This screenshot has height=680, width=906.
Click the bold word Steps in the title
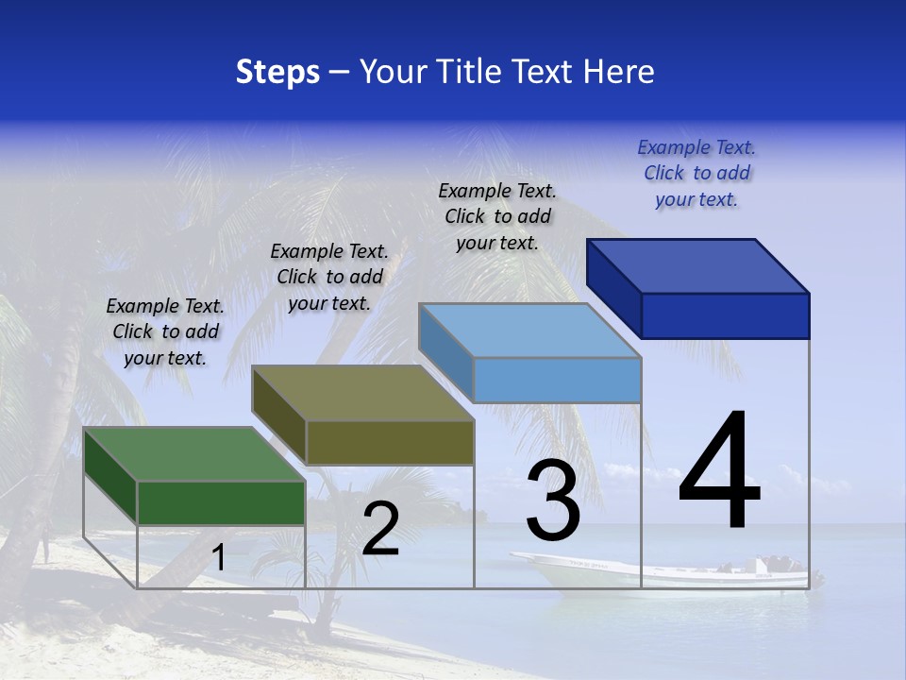point(277,72)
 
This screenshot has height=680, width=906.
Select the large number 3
point(553,500)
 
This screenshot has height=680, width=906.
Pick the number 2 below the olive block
point(380,529)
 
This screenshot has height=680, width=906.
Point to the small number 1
point(219,557)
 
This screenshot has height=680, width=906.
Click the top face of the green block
point(194,454)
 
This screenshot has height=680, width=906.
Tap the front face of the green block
point(221,502)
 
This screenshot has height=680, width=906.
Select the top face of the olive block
point(362,393)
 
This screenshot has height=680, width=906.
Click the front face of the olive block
point(390,442)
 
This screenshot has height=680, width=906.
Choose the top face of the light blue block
point(530,331)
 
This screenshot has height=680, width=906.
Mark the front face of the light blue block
point(557,380)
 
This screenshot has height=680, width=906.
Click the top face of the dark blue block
point(698,266)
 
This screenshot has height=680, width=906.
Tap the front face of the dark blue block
point(725,315)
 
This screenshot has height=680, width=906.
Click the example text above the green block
point(165,331)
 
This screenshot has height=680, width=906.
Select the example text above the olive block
point(329,277)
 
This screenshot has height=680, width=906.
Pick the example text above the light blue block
point(497,216)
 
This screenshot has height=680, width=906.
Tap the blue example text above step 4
point(696,173)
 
